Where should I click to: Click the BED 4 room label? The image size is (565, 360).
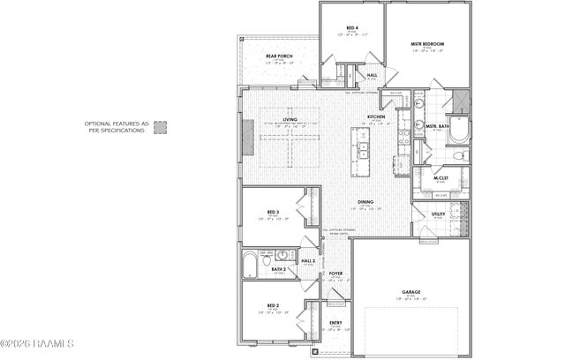(351, 28)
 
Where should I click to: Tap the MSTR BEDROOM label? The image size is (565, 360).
(426, 43)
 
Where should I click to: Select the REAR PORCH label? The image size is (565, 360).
(280, 56)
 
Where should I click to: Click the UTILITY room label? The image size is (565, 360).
(438, 214)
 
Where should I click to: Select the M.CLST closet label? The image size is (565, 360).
(441, 180)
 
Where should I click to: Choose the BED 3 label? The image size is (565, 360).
(273, 213)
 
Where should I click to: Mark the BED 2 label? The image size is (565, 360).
(273, 305)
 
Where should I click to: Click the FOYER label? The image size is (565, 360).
(336, 274)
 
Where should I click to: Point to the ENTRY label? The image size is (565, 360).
(336, 323)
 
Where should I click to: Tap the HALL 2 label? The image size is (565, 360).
(308, 261)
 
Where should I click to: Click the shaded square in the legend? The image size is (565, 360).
(161, 128)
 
